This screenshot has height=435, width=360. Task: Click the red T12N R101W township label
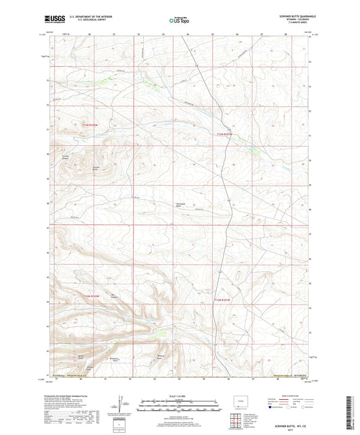(223, 299)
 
